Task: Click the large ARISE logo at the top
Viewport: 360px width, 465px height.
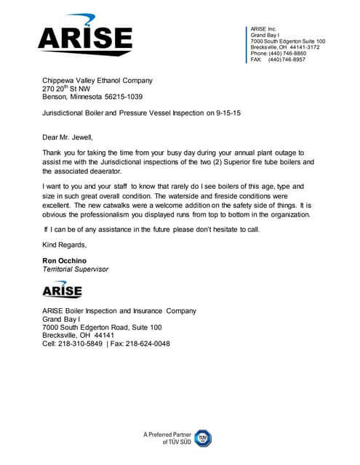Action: click(x=85, y=36)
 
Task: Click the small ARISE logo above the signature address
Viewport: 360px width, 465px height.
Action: click(x=62, y=290)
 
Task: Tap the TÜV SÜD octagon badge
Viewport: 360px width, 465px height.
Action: click(x=202, y=437)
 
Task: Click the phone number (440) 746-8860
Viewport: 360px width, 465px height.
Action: click(x=289, y=54)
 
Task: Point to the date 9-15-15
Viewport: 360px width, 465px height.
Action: click(x=231, y=114)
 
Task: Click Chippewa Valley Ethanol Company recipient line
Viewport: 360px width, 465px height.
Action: click(x=97, y=81)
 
